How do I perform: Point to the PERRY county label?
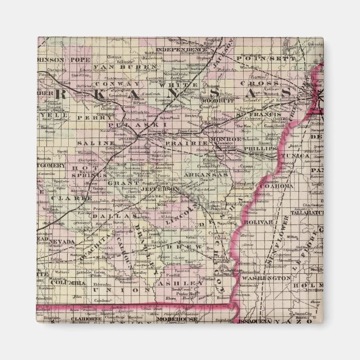(88, 118)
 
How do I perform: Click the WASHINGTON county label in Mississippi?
(272, 277)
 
